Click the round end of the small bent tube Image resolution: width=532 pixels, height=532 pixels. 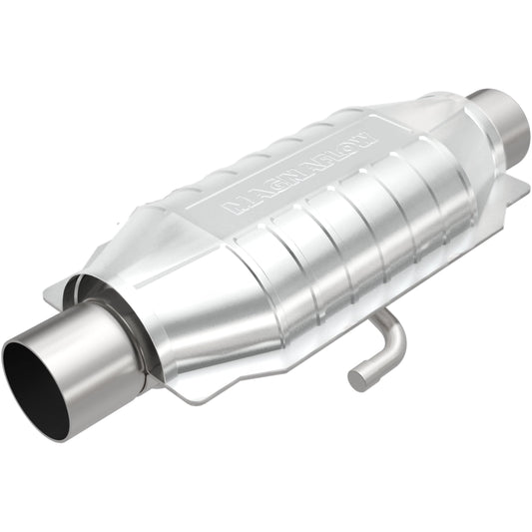click(359, 378)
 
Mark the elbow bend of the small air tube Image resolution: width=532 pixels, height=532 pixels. click(395, 339)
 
